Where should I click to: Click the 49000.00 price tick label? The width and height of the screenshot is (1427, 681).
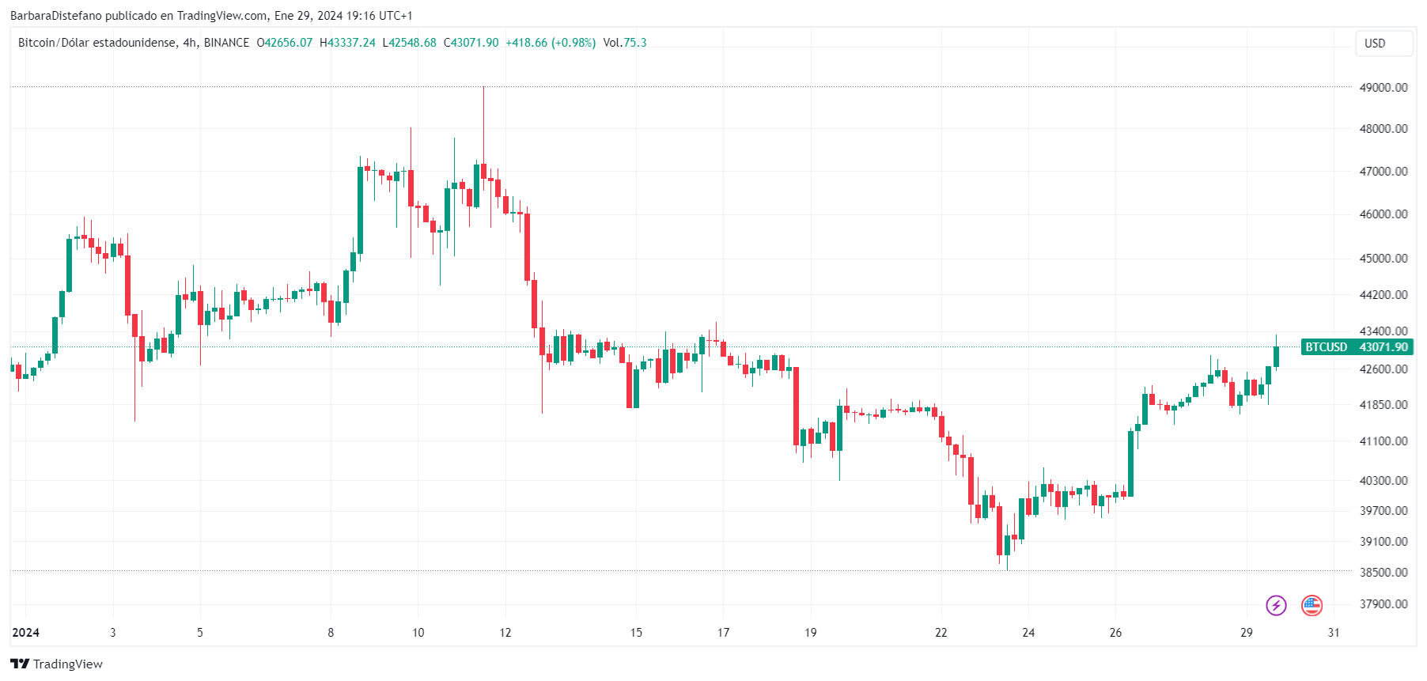[1383, 88]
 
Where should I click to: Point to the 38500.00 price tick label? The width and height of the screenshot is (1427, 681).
[1383, 573]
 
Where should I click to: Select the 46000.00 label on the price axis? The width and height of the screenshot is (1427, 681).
[1383, 214]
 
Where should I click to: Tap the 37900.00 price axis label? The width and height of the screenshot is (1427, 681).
[1383, 604]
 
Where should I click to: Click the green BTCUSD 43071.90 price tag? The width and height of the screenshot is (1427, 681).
[1357, 347]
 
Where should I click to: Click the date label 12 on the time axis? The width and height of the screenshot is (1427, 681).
[505, 633]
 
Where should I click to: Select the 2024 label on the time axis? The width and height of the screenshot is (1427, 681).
[26, 633]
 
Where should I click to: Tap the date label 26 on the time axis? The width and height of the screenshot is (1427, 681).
[1115, 633]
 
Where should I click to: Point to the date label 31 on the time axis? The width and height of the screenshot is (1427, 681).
[1334, 633]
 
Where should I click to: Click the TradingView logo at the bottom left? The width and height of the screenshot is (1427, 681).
[56, 664]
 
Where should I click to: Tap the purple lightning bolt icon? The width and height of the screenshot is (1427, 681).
[1276, 606]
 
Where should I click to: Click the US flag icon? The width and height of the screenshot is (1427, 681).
[1312, 606]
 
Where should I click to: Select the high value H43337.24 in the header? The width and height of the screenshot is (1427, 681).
[347, 43]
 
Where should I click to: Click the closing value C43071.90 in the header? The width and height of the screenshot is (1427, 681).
[471, 43]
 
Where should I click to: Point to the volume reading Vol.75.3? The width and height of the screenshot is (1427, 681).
[624, 43]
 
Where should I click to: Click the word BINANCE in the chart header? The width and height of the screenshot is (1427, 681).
[226, 43]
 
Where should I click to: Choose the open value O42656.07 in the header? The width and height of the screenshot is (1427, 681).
[285, 43]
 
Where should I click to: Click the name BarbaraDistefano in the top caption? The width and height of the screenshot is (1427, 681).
[55, 16]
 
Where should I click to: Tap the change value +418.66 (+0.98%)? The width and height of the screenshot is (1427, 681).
[551, 43]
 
